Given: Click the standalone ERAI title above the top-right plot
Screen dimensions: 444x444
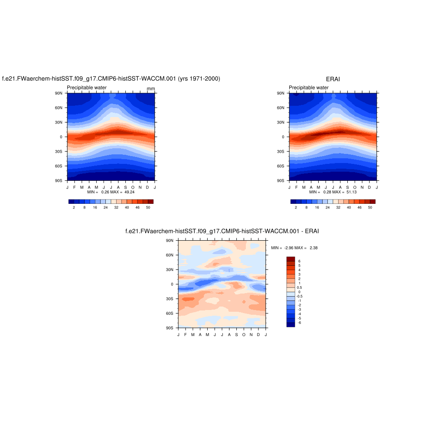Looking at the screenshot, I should [x=333, y=79].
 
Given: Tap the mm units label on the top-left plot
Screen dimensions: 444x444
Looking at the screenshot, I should [x=151, y=89].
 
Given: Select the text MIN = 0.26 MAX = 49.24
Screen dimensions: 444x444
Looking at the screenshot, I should [x=111, y=192].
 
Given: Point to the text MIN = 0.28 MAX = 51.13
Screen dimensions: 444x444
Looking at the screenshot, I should [x=333, y=192].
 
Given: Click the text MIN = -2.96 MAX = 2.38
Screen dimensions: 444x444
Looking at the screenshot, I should [x=294, y=248].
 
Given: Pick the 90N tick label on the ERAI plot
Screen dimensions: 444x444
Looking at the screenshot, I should [x=281, y=93].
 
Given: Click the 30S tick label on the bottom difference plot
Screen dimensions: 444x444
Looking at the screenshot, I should [x=170, y=299].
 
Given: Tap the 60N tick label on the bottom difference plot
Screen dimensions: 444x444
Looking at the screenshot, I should [x=170, y=255].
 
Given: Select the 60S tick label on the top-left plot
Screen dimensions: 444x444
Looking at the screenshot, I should [x=59, y=166].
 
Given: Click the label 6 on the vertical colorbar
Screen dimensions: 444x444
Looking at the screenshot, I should [x=299, y=261].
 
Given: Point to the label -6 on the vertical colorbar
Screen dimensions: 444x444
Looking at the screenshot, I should [x=299, y=323].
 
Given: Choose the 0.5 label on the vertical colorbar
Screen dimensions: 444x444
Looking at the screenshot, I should [x=299, y=287].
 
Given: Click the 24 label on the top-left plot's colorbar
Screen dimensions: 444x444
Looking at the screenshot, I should [x=105, y=208].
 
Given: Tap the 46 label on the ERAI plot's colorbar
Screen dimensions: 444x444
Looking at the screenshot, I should [x=359, y=208].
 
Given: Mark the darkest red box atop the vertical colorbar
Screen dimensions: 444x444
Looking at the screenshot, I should [x=291, y=259].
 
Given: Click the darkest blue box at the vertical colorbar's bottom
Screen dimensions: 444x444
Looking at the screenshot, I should [x=291, y=324].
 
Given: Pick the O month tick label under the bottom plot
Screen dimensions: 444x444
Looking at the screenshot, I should [x=244, y=334].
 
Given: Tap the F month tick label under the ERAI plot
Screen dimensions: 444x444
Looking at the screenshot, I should [x=297, y=187].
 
